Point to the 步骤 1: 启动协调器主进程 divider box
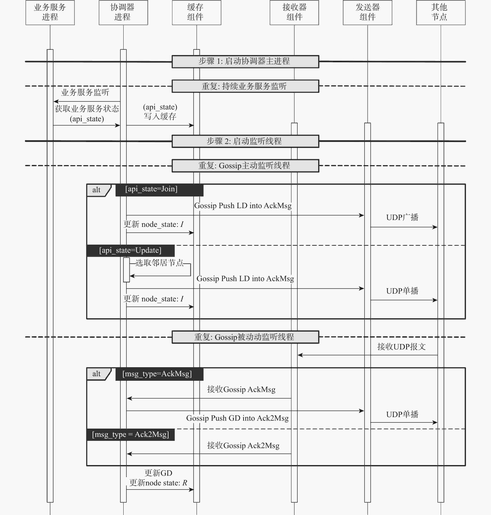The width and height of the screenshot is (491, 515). [x=245, y=62]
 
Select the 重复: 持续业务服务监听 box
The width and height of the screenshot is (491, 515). [x=245, y=86]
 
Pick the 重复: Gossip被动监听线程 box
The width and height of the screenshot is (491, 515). [x=245, y=337]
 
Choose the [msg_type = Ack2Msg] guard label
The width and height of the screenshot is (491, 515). [x=130, y=435]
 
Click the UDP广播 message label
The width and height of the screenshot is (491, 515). [x=402, y=217]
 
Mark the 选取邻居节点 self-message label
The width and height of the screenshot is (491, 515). [x=160, y=263]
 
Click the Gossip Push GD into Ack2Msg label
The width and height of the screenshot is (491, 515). [x=237, y=418]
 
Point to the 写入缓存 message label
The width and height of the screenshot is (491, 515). [x=160, y=116]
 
